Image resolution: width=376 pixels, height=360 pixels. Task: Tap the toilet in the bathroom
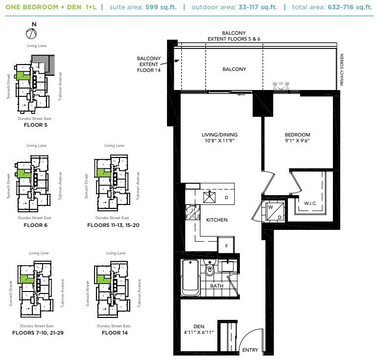211,269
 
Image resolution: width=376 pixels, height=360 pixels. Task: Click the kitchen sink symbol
210,197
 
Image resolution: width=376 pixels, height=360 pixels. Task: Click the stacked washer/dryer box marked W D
272,210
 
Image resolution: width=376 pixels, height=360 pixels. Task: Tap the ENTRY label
250,350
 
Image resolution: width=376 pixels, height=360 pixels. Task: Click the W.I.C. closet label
310,203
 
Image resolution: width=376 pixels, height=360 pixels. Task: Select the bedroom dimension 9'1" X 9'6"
298,141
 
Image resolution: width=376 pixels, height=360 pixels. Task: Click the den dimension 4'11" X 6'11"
198,333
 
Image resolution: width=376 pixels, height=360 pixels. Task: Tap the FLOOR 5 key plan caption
35,125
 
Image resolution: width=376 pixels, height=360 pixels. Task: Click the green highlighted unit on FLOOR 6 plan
22,174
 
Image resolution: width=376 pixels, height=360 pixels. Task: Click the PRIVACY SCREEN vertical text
342,70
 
